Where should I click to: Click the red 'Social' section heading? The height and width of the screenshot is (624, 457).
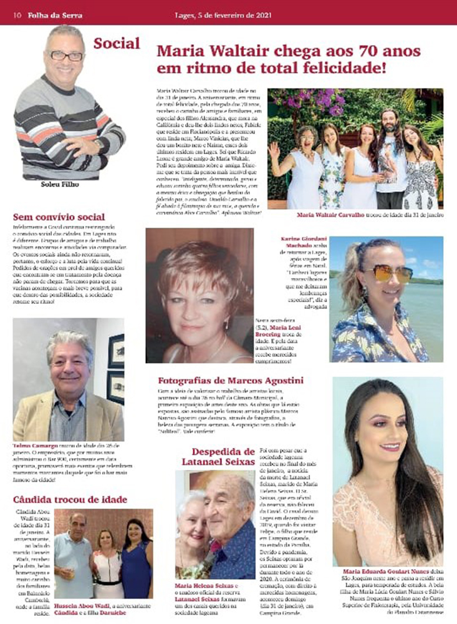[x=117, y=43]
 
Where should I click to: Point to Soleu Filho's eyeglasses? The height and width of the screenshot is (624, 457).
[x=67, y=56]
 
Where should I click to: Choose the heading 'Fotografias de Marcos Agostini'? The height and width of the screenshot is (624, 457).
[x=231, y=381]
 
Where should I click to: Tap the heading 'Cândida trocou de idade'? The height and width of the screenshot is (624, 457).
[x=70, y=500]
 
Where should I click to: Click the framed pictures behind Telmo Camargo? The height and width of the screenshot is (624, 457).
[x=116, y=368]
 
